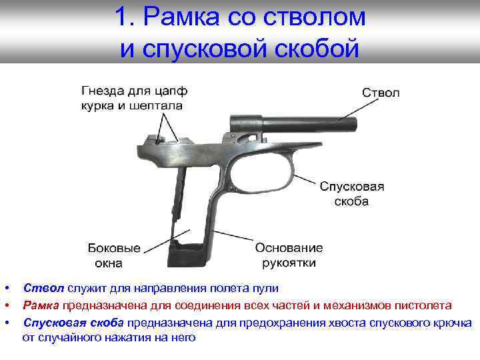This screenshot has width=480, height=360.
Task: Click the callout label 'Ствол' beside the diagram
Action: point(381,93)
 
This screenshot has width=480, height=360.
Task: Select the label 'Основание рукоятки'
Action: point(289,255)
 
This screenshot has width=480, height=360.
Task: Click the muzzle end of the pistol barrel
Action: point(355,124)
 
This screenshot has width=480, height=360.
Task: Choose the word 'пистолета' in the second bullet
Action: point(427,305)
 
